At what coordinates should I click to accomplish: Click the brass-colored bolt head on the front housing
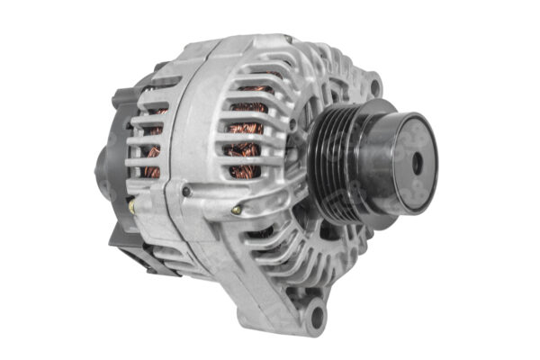click(236, 210)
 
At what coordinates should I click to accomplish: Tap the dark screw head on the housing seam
click(186, 191)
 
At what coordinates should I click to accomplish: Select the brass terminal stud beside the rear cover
click(131, 206)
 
